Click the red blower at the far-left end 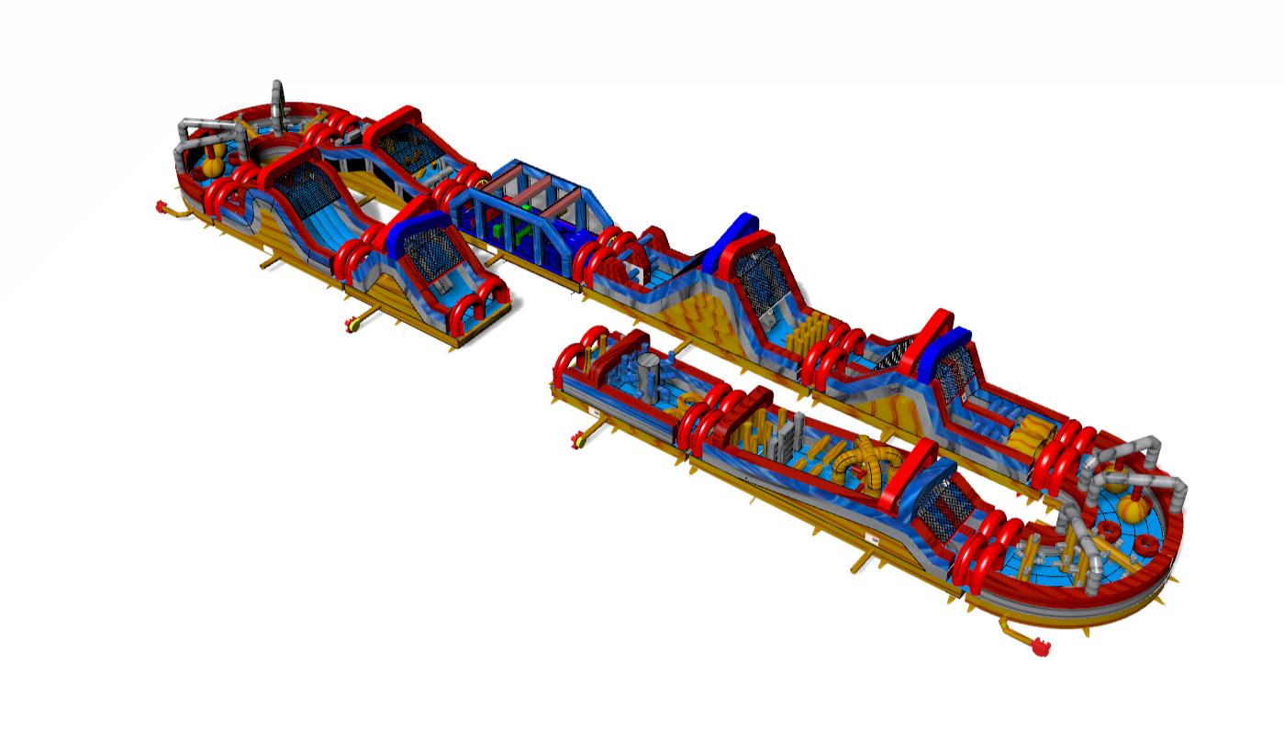pos(163,209)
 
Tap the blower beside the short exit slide pos(352,324)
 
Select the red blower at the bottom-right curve pos(1039,647)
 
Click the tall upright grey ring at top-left pos(278,98)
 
